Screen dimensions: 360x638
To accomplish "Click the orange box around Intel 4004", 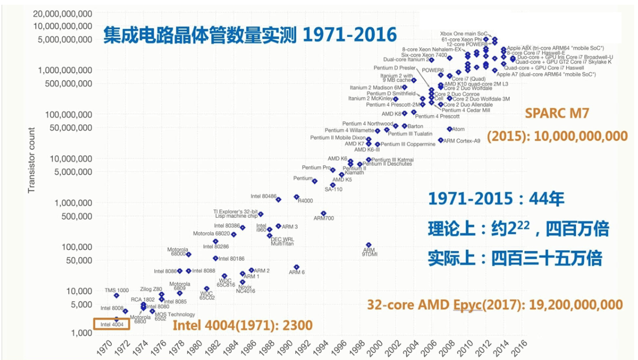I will point(111,324).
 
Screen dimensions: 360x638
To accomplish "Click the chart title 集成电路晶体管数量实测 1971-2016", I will point(249,35).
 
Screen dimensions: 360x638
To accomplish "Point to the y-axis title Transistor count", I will point(32,160).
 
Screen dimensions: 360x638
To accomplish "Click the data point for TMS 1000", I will point(117,295).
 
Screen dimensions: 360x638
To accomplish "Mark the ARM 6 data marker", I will point(297,267).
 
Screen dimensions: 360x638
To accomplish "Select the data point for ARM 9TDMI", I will point(369,245).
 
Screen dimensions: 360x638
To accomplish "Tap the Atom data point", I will point(449,129).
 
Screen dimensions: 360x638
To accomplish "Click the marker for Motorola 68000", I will point(189,255).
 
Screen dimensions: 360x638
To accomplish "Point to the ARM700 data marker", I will point(323,213).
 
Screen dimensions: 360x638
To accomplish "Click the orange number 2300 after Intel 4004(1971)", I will point(301,325).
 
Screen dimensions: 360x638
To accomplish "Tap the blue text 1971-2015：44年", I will point(496,199).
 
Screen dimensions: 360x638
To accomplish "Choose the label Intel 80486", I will point(263,196).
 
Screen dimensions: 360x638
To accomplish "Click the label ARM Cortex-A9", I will point(462,141).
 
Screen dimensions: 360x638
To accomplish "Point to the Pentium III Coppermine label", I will point(408,144).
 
